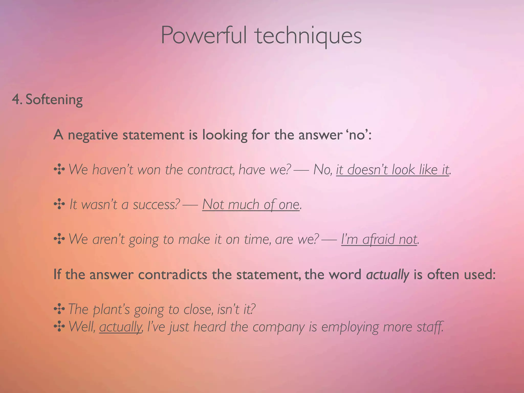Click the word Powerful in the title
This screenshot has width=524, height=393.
click(204, 36)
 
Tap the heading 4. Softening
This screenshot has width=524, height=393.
click(47, 100)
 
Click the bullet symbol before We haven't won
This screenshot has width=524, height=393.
click(59, 170)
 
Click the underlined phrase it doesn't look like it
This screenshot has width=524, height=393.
click(392, 170)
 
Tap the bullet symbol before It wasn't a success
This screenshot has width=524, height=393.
click(59, 204)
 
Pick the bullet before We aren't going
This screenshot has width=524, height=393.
click(59, 239)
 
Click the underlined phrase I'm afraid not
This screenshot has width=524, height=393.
click(379, 239)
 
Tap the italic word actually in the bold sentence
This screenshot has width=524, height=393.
click(388, 275)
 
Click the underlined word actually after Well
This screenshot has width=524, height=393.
click(120, 327)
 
